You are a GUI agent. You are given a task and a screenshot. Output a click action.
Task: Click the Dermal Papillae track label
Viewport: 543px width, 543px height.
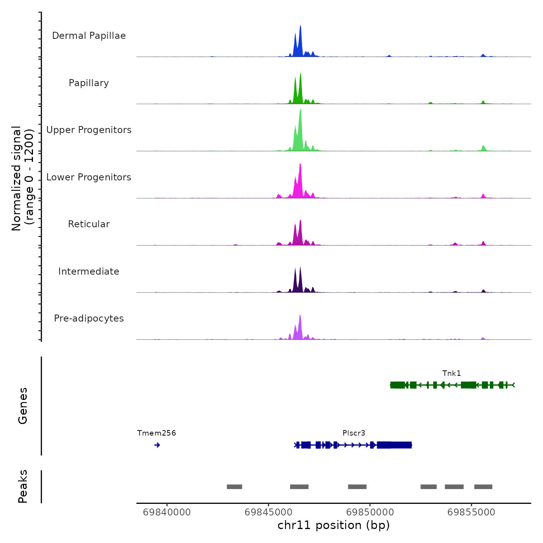[89, 36]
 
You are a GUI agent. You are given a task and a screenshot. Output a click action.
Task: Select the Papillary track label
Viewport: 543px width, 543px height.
[89, 83]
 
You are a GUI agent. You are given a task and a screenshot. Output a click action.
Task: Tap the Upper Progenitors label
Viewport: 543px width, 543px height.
[89, 130]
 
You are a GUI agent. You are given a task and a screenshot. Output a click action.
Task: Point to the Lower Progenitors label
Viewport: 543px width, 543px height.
[89, 177]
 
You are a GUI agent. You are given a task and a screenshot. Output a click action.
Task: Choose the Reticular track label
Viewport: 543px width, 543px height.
[89, 224]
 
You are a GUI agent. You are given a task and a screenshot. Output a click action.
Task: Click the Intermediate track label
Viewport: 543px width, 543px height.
[89, 271]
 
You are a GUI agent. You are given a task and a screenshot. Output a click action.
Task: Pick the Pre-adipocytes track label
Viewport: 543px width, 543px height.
[89, 318]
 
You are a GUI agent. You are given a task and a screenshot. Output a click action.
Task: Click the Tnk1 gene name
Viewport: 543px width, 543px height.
[451, 374]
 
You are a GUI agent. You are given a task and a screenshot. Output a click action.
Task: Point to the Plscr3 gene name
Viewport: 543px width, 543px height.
[354, 433]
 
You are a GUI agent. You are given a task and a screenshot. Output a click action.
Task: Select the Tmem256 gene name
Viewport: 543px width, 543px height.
[156, 433]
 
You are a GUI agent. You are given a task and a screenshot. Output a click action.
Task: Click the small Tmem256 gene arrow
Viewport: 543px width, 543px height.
[157, 445]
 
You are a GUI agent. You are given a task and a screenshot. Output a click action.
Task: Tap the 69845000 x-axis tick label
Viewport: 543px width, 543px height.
[268, 512]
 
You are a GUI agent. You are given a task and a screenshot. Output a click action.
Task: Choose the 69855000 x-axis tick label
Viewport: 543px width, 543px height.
[471, 512]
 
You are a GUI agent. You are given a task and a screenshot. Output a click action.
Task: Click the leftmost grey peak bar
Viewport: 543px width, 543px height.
[234, 487]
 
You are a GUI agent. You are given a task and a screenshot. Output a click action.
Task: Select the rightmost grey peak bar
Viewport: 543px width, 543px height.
[483, 487]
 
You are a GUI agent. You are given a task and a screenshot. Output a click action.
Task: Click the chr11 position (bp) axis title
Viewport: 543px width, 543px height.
[334, 525]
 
